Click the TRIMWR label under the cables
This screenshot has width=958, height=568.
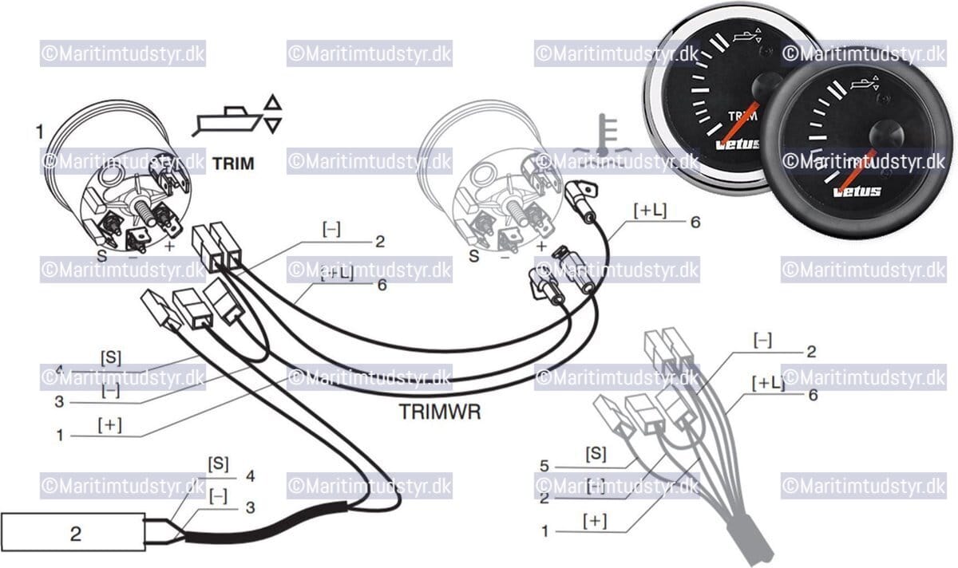[x=439, y=413]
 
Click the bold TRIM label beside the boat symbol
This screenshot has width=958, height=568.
[x=233, y=164]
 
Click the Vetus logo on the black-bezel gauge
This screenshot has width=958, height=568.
[x=857, y=191]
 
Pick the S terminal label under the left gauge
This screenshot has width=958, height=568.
[x=101, y=255]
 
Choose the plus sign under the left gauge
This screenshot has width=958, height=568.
[x=168, y=247]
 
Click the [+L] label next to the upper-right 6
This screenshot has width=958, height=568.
[x=650, y=211]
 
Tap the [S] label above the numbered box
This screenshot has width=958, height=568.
[x=218, y=463]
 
